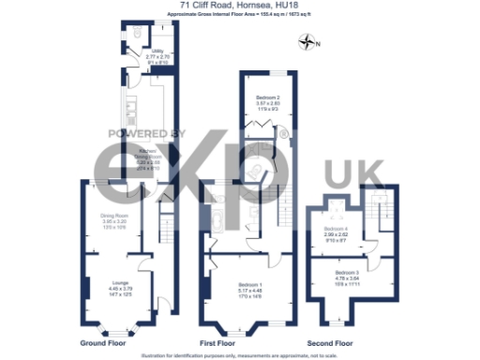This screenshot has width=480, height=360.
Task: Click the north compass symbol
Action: pyautogui.click(x=307, y=41)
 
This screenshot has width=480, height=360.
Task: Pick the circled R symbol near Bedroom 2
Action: pyautogui.click(x=284, y=142)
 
